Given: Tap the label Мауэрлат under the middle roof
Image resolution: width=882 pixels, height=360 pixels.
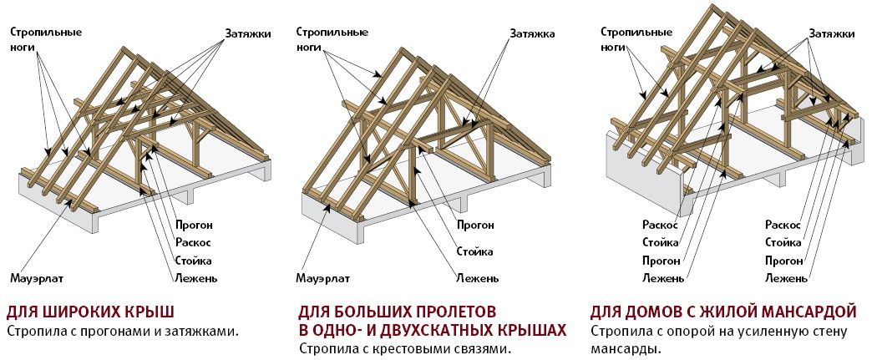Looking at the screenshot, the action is tap(323, 278).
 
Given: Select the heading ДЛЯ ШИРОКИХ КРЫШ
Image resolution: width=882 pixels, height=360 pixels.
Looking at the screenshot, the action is tap(90, 311).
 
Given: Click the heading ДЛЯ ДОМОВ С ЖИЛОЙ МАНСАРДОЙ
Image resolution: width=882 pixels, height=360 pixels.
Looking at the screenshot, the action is tap(723, 311).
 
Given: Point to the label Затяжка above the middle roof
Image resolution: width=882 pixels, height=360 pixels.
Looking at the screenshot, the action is tap(532, 33).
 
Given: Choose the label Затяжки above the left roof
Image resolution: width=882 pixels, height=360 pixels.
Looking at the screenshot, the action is tap(248, 33).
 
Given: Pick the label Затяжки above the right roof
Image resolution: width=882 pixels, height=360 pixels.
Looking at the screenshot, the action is tap(831, 33).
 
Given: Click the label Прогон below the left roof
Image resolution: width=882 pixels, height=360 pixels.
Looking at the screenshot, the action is tap(194, 226).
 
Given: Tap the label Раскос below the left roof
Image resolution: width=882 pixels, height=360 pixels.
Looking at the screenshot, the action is tap(193, 243).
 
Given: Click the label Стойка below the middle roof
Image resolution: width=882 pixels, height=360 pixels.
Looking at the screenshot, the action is tap(474, 251).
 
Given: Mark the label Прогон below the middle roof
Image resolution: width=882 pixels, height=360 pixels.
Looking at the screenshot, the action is tap(475, 226).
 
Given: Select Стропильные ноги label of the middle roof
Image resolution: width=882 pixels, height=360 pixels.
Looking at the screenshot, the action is tap(332, 39).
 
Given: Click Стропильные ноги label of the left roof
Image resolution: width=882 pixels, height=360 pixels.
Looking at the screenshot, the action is tap(46, 39).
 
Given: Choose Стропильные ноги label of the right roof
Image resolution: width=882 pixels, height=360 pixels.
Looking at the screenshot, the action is tap(636, 39).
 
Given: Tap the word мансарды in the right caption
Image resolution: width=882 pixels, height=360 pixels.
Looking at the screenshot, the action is tap(617, 349).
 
